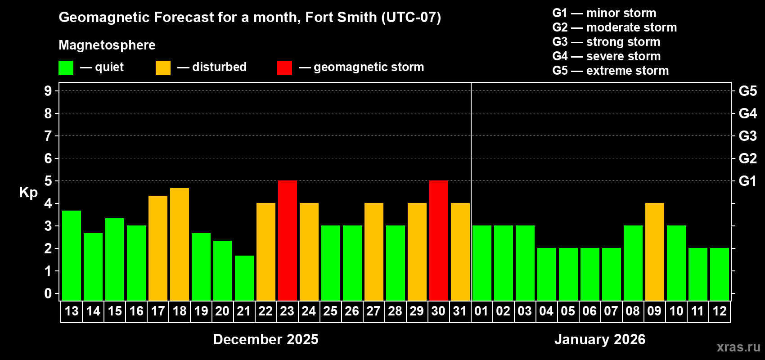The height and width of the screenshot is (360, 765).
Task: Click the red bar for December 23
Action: (x=288, y=240)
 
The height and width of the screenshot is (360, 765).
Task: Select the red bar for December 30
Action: (x=439, y=240)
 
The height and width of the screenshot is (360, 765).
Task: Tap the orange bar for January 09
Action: (x=655, y=252)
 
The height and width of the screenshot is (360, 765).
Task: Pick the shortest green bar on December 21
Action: (x=244, y=278)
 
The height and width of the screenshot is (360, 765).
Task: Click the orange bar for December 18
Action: (x=180, y=244)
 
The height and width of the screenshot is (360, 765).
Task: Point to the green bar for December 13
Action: (x=72, y=256)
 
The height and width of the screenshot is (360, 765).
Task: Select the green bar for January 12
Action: (x=720, y=274)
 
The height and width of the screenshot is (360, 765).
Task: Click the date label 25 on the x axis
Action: (x=330, y=311)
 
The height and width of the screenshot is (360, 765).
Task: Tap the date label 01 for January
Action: (x=481, y=311)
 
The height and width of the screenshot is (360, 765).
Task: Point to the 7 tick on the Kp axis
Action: (x=48, y=136)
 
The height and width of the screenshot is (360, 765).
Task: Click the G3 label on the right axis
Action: (x=747, y=136)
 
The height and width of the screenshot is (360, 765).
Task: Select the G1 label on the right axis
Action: (x=747, y=181)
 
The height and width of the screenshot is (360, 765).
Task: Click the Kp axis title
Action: (x=28, y=192)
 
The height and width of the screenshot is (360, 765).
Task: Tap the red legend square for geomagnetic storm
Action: (x=284, y=68)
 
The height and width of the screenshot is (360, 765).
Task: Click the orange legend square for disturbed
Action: (x=163, y=68)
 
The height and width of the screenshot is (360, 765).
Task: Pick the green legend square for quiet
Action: (x=66, y=68)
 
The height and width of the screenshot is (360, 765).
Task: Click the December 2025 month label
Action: (x=265, y=339)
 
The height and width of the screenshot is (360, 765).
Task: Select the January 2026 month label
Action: (x=599, y=339)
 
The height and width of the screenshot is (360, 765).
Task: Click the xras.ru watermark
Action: (x=738, y=347)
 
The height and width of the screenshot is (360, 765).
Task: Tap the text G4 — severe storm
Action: (x=606, y=56)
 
